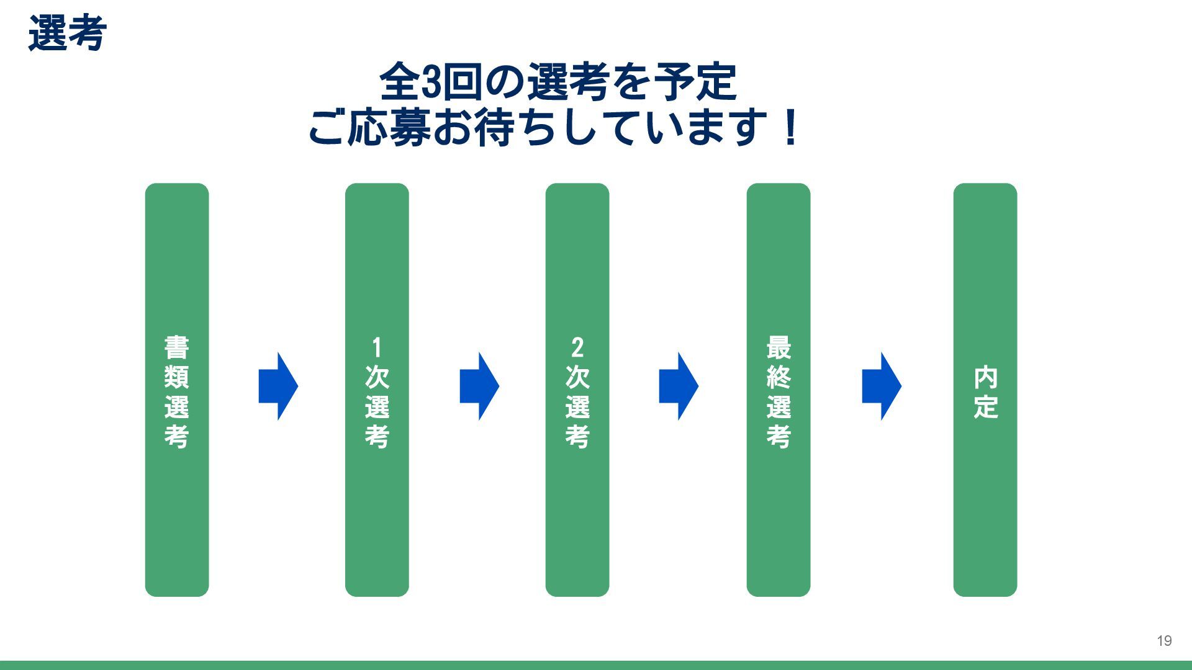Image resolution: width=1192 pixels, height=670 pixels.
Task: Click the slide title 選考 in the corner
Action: point(67,33)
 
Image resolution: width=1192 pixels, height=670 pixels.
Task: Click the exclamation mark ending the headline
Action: point(790,127)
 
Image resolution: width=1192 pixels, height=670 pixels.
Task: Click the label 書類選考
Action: point(177,391)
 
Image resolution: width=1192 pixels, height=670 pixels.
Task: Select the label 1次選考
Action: point(377,391)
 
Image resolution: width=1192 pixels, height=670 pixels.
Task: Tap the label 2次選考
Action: point(577,391)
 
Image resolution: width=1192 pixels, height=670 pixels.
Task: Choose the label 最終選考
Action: point(779,391)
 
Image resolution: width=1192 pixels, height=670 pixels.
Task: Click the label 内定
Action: point(985,392)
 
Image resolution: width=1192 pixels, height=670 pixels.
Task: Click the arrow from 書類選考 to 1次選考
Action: point(278,386)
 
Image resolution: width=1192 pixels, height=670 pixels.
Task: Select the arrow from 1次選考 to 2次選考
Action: point(479,386)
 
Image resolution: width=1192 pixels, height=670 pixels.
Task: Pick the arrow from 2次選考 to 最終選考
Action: point(679,386)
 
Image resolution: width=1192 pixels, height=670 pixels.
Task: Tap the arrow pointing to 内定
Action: point(882,386)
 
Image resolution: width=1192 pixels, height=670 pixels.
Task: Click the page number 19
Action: point(1164,641)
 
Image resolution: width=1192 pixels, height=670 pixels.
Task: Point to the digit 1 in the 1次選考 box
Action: point(376,347)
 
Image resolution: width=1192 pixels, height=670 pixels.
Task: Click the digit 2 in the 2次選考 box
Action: point(577,347)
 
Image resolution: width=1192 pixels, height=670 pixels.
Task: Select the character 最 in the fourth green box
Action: point(779,347)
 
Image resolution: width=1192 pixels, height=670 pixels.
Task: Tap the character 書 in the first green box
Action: point(177,347)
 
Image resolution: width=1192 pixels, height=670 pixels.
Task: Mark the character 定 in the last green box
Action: point(985,407)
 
